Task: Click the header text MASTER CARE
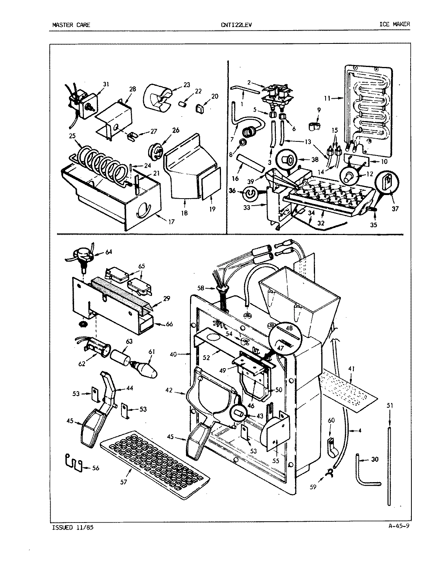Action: (x=71, y=25)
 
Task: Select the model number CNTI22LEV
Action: (x=236, y=25)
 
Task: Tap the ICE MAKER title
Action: (x=394, y=24)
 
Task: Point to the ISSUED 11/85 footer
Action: (x=72, y=528)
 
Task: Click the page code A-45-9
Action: (x=397, y=526)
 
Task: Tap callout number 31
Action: (x=95, y=84)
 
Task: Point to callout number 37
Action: (x=395, y=209)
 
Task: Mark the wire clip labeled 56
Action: (x=74, y=462)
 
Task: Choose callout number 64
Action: (x=109, y=251)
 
